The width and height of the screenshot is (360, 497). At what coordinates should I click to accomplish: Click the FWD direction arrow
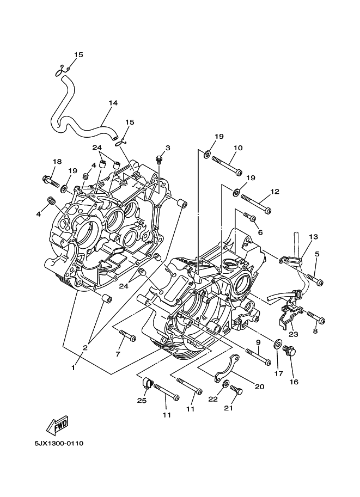point(57,426)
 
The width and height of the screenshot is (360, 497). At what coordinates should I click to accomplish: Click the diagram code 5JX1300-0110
point(59,443)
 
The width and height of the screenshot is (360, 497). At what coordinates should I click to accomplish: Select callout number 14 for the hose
point(113,103)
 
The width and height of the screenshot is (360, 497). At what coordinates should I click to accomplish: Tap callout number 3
point(168,148)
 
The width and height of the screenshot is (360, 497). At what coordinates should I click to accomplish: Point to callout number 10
point(238,148)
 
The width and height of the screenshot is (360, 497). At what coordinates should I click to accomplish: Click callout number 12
point(274,192)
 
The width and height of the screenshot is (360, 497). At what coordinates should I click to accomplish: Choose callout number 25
point(142,401)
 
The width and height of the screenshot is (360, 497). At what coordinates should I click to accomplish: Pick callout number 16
point(294,382)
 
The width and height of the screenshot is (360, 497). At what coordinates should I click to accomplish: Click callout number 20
point(259,386)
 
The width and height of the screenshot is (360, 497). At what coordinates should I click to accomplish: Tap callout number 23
point(294,334)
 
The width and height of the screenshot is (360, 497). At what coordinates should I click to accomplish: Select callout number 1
point(74,368)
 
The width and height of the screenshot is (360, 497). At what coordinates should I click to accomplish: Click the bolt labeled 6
point(250,217)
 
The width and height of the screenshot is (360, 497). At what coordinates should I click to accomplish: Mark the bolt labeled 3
point(160,159)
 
